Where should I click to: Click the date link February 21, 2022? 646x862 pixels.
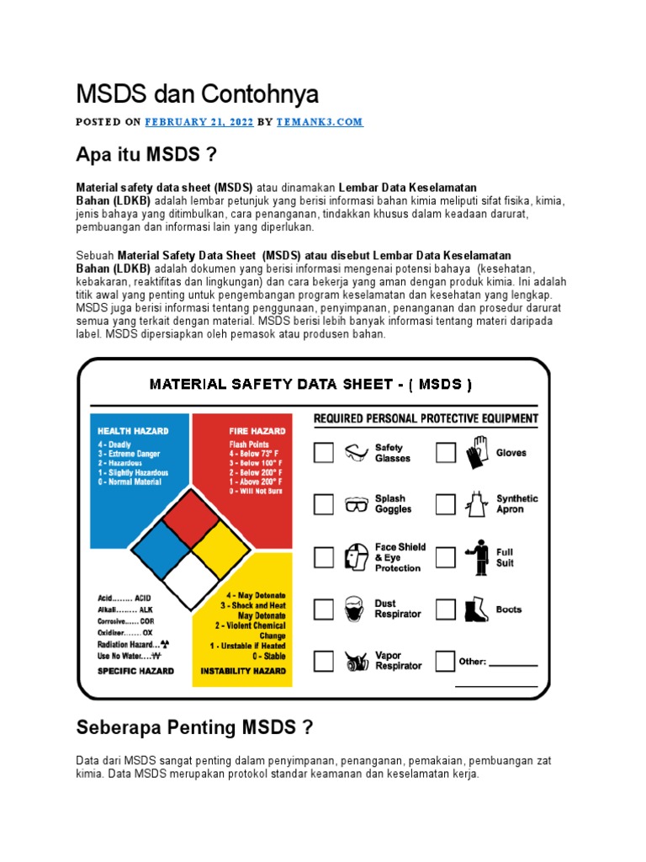pyautogui.click(x=199, y=121)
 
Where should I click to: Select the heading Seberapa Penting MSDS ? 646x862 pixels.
pyautogui.click(x=194, y=726)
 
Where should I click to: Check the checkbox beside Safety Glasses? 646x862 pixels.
pyautogui.click(x=324, y=453)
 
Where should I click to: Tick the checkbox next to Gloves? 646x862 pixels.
pyautogui.click(x=446, y=453)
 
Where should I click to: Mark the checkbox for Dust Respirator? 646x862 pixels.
pyautogui.click(x=324, y=609)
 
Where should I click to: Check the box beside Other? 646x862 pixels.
pyautogui.click(x=446, y=662)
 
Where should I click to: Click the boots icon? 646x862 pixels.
pyautogui.click(x=477, y=609)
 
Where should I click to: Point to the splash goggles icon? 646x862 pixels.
pyautogui.click(x=357, y=505)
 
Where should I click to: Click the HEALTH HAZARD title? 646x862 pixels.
pyautogui.click(x=133, y=431)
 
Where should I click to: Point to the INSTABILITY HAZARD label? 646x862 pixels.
pyautogui.click(x=242, y=672)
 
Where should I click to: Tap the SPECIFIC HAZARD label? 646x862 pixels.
pyautogui.click(x=135, y=671)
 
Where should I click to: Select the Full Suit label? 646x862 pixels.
pyautogui.click(x=505, y=557)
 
